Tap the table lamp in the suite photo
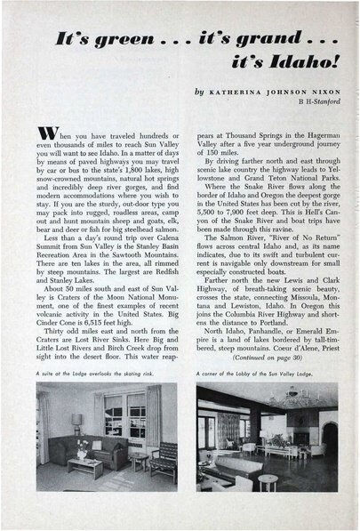(x=76, y=422)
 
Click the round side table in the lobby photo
(x=268, y=480)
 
